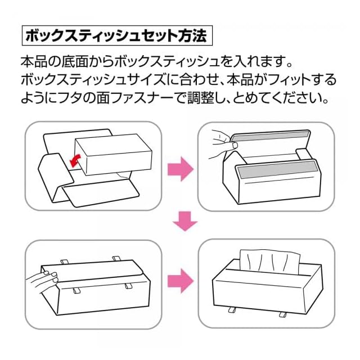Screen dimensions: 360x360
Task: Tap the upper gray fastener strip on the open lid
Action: tap(269, 136)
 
